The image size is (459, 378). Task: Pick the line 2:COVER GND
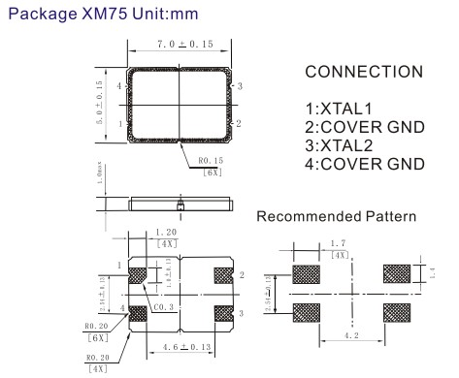click(x=363, y=126)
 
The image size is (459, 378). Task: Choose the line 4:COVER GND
click(x=363, y=161)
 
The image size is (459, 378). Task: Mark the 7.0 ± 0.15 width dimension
click(x=184, y=44)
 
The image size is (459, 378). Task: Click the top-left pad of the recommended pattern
click(x=307, y=273)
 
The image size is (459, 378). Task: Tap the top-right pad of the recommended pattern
click(x=397, y=273)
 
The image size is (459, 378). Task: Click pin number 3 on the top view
click(x=239, y=86)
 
